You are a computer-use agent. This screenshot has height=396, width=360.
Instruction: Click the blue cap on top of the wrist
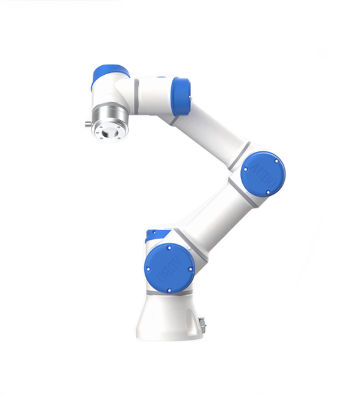(x=110, y=74)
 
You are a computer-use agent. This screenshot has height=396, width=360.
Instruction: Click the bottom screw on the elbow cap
(x=268, y=192)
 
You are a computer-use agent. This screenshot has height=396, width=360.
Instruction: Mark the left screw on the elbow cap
(x=246, y=171)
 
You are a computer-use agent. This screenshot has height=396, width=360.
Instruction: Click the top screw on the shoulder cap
(x=168, y=247)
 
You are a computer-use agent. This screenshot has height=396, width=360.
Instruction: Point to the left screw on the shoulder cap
(x=148, y=269)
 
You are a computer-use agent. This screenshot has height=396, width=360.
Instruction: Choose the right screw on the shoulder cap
(x=190, y=269)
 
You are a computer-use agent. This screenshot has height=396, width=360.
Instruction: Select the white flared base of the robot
(x=169, y=319)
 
